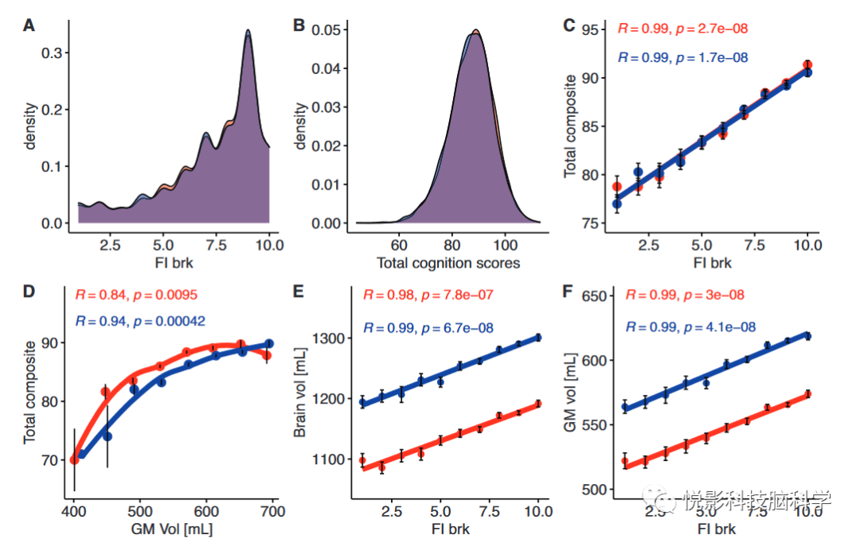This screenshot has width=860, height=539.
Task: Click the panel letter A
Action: tap(29, 25)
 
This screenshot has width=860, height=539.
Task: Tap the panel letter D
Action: tap(29, 291)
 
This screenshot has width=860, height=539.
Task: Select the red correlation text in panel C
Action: tap(682, 29)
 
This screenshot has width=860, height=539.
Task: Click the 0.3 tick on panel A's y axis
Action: tap(51, 53)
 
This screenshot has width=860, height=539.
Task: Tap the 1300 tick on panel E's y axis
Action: tap(330, 338)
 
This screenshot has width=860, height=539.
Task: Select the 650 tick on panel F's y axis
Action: tap(597, 296)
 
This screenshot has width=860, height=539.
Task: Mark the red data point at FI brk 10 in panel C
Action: tap(807, 64)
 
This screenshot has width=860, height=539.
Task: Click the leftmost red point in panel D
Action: tap(74, 459)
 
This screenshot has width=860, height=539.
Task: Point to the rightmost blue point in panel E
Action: tap(538, 337)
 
